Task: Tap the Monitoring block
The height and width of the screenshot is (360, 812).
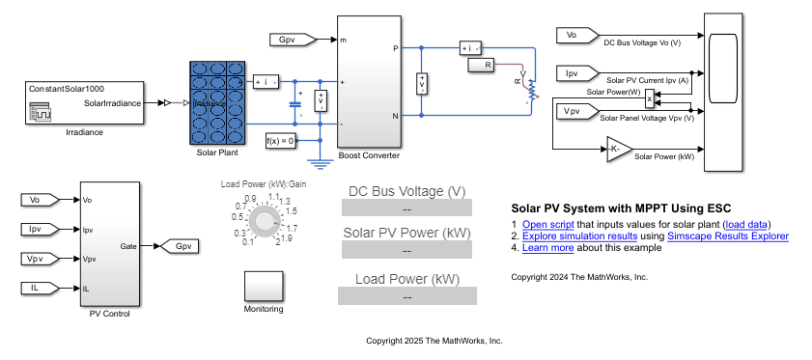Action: pyautogui.click(x=264, y=287)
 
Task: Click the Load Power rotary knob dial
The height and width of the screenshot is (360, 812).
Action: pyautogui.click(x=262, y=223)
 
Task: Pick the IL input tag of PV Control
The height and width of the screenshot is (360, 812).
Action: pyautogui.click(x=40, y=288)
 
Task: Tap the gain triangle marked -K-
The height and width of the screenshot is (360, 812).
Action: pyautogui.click(x=617, y=149)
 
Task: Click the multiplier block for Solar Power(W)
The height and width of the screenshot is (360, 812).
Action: pyautogui.click(x=650, y=97)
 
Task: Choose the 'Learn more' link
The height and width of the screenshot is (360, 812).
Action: pyautogui.click(x=548, y=247)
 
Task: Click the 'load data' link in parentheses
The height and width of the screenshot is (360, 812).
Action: pyautogui.click(x=748, y=224)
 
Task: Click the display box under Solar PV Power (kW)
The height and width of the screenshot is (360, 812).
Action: pyautogui.click(x=406, y=251)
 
